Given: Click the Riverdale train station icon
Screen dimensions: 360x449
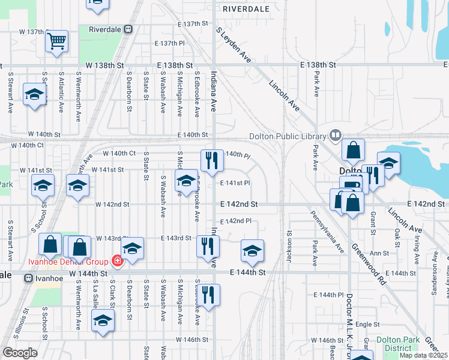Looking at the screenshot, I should (128, 29).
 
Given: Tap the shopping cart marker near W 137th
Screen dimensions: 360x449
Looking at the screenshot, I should (56, 41).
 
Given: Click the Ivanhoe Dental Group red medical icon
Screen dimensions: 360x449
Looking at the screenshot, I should (117, 261).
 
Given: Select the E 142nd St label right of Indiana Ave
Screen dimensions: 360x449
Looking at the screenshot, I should (238, 204).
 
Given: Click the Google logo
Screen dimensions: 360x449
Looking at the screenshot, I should (20, 353).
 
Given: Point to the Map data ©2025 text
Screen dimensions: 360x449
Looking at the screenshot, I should (423, 355).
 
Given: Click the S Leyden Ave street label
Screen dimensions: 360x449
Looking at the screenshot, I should (234, 44).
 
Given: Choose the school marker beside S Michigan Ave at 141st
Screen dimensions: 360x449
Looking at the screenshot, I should (186, 180).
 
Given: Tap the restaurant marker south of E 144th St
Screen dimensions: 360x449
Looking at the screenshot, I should (208, 295).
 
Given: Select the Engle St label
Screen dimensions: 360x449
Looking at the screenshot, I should (364, 323).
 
